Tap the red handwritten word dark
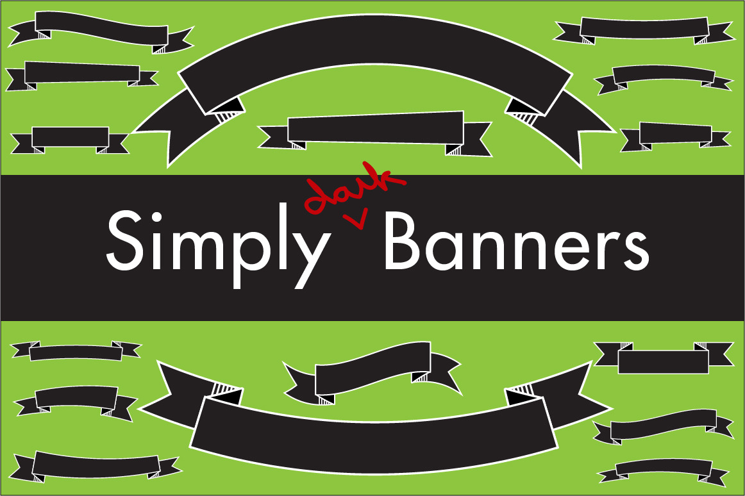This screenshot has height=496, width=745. pyautogui.click(x=356, y=187)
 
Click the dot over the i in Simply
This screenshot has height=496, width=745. pyautogui.click(x=156, y=215)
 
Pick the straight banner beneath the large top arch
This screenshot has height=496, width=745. pyautogui.click(x=375, y=134)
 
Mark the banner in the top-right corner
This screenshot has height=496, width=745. pyautogui.click(x=644, y=30)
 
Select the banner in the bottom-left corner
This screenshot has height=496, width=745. pyautogui.click(x=96, y=466)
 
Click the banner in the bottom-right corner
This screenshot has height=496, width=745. pyautogui.click(x=664, y=470)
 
